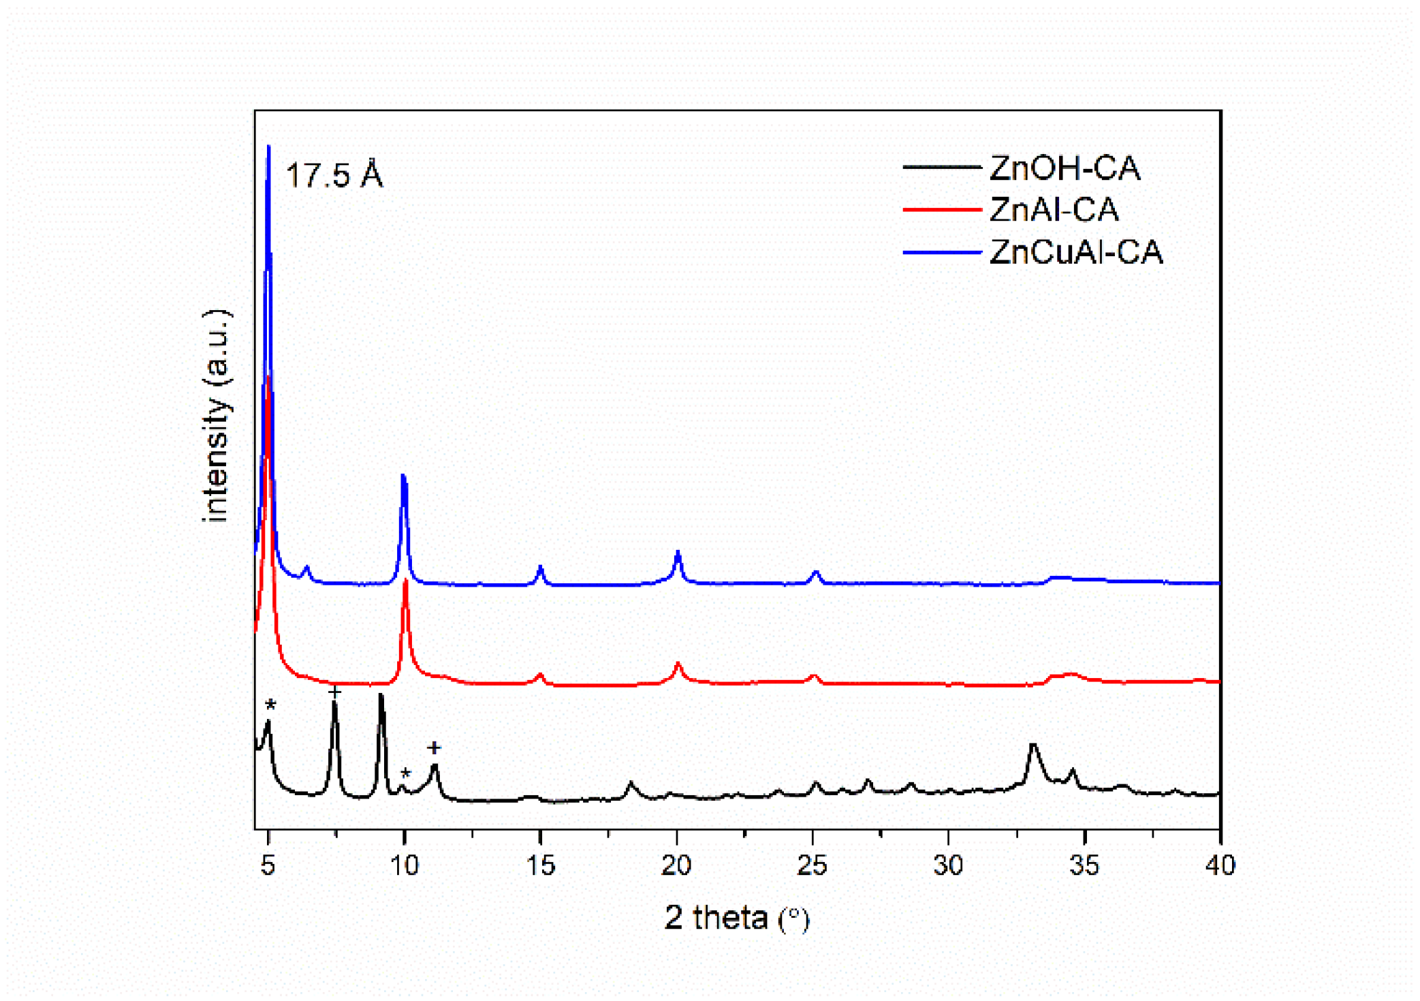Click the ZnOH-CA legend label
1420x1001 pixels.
(x=1064, y=168)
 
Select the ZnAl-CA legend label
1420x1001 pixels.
(x=1054, y=210)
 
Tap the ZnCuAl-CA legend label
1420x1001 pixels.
(x=1076, y=252)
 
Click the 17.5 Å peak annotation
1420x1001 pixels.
(x=334, y=175)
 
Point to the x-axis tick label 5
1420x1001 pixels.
(x=268, y=865)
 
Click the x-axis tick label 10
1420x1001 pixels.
(x=404, y=865)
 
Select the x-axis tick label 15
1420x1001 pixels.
(x=540, y=865)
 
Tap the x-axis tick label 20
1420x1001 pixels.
(x=676, y=865)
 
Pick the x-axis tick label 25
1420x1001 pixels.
(x=812, y=865)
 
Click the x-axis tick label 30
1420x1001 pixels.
(x=948, y=865)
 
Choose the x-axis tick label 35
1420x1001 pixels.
(x=1084, y=865)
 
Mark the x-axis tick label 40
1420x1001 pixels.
(x=1220, y=865)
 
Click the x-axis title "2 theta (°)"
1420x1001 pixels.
(x=737, y=918)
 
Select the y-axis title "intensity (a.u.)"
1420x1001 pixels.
(x=217, y=416)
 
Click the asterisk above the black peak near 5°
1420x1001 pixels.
(x=270, y=705)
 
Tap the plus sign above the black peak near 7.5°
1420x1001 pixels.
(x=334, y=692)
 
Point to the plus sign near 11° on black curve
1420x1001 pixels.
(x=434, y=748)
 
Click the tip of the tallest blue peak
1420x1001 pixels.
(x=268, y=147)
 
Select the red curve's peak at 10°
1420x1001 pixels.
(x=406, y=581)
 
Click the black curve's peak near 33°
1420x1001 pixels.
(x=1033, y=745)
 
